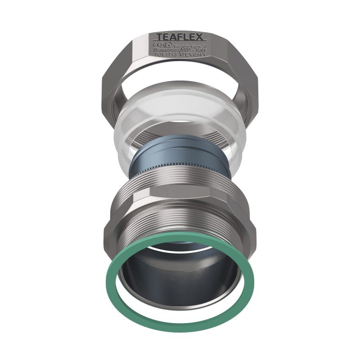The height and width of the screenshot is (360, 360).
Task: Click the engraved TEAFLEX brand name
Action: click(180, 36)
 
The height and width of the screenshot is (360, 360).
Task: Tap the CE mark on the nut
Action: click(157, 45)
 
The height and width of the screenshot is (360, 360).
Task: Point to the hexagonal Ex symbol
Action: click(167, 45)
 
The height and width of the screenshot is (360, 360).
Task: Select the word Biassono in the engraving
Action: click(165, 50)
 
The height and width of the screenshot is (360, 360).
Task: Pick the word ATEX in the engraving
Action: click(184, 54)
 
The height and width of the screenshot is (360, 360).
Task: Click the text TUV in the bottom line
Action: click(160, 54)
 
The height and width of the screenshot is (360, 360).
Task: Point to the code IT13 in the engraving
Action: click(171, 54)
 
